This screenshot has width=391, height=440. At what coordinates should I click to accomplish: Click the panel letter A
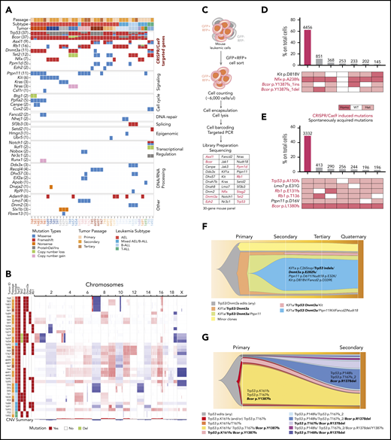(x=7, y=7)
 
